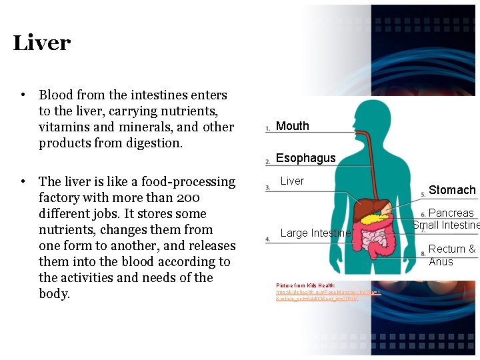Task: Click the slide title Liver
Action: (x=41, y=43)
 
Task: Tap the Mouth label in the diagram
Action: (x=292, y=126)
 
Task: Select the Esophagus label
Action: (x=305, y=158)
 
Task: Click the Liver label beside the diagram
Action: (x=292, y=181)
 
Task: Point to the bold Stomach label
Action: (x=452, y=190)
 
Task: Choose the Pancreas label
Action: (x=451, y=213)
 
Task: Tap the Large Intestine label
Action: (x=315, y=233)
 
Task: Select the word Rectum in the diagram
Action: (x=447, y=249)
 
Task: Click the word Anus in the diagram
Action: (x=441, y=261)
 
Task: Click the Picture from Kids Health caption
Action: (x=305, y=285)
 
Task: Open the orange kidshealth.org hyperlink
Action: (x=328, y=293)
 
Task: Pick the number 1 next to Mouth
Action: (x=267, y=128)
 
